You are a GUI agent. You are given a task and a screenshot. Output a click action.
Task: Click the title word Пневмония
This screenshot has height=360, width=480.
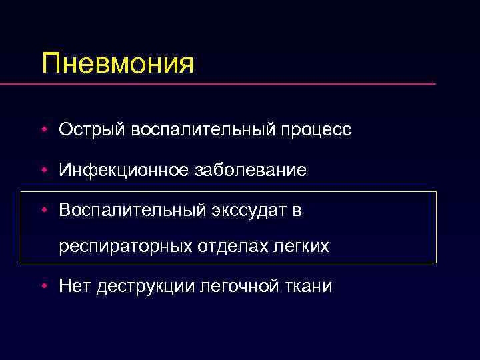pos(117,63)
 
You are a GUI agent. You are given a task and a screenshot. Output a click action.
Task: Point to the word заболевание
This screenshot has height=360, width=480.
pos(251,171)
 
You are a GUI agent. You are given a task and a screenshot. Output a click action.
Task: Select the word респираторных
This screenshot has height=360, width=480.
pos(125,247)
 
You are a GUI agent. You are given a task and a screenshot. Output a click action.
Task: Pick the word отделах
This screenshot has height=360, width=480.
pos(228,247)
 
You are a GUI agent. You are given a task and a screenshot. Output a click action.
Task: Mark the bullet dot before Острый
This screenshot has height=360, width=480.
pos(43,130)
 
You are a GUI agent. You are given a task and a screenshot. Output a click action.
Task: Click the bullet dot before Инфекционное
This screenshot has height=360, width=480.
pos(43,171)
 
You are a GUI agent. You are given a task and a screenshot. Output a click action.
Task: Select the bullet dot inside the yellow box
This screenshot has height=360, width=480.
pos(43,211)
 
